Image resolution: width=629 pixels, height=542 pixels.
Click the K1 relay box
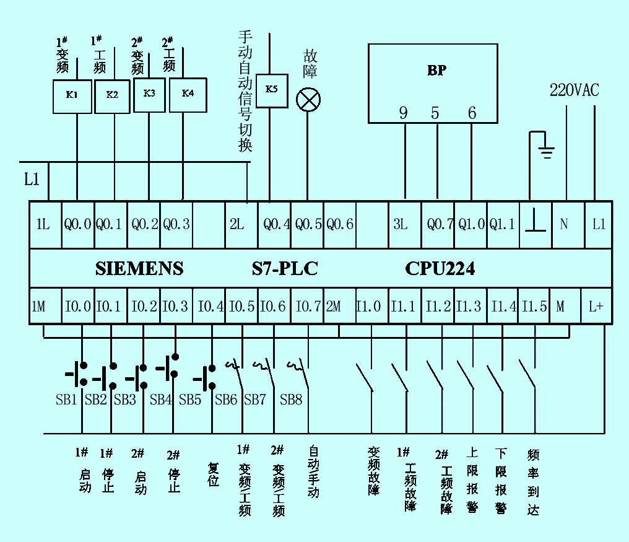click(x=72, y=96)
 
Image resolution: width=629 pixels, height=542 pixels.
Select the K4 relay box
click(x=188, y=94)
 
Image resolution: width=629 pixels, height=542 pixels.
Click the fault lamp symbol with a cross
click(x=308, y=99)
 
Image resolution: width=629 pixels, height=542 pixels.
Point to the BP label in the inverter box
click(x=436, y=71)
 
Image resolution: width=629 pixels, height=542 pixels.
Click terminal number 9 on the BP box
click(x=404, y=113)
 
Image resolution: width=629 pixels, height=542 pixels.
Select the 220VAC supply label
click(x=575, y=90)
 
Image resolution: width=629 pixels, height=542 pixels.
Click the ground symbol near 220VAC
click(x=545, y=146)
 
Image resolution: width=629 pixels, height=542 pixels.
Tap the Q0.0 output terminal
click(x=77, y=224)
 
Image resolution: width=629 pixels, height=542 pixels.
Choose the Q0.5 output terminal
click(x=308, y=224)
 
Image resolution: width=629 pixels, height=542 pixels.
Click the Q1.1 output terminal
click(x=502, y=224)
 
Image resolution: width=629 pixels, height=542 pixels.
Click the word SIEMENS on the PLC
click(x=139, y=269)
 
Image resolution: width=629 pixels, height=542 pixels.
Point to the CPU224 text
click(x=440, y=269)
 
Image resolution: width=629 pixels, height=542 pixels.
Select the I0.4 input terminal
click(x=210, y=306)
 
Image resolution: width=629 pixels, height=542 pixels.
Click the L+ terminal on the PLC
click(x=596, y=306)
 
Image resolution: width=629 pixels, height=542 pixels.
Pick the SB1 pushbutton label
click(x=66, y=400)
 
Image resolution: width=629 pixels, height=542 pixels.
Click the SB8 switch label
click(x=291, y=400)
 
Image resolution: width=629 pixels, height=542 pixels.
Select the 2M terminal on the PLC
click(x=334, y=306)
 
